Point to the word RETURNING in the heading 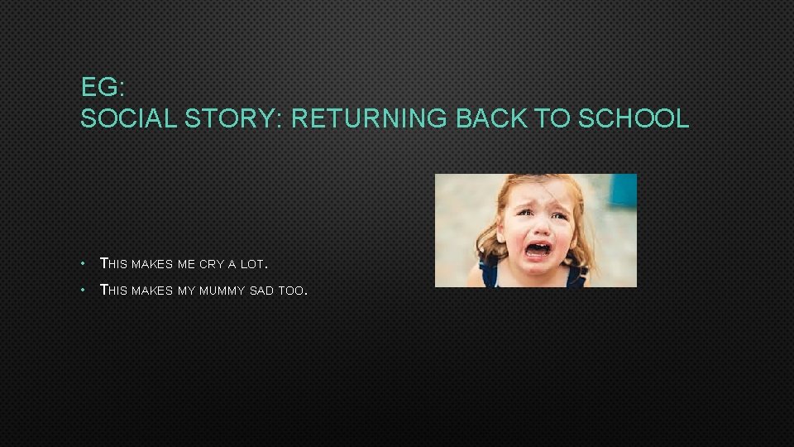pyautogui.click(x=368, y=118)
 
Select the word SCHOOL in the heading pyautogui.click(x=634, y=118)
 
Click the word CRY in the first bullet pyautogui.click(x=211, y=264)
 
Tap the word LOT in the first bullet pyautogui.click(x=251, y=264)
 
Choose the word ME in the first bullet pyautogui.click(x=186, y=264)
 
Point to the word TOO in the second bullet pyautogui.click(x=293, y=291)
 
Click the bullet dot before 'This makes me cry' pyautogui.click(x=84, y=264)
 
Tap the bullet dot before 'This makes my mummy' pyautogui.click(x=84, y=291)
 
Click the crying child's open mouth pyautogui.click(x=538, y=248)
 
